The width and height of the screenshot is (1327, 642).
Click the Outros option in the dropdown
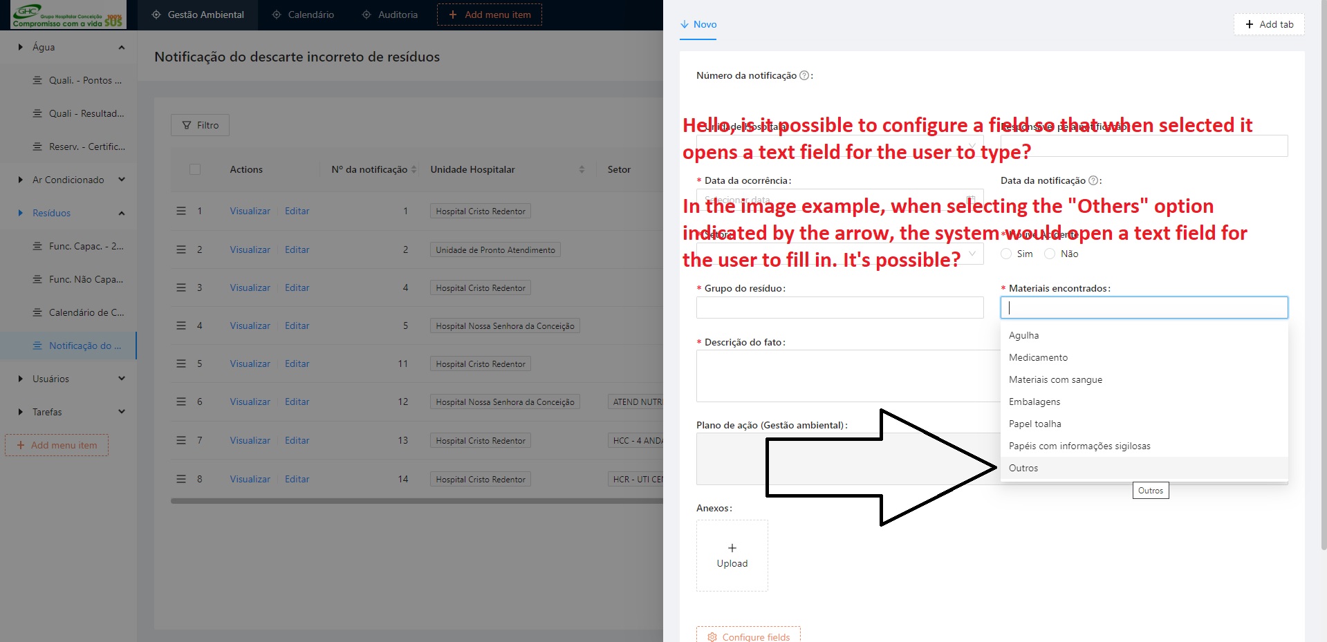(1023, 468)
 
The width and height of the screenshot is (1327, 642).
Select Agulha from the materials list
(1023, 335)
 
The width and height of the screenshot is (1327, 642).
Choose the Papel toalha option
(1034, 424)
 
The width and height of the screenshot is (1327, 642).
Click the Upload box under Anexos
(732, 556)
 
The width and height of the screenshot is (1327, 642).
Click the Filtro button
(200, 125)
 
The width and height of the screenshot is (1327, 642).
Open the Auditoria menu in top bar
(391, 15)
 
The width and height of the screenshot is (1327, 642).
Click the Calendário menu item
(304, 15)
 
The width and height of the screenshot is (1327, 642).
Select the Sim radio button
(1006, 254)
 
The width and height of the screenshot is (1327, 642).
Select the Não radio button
(1050, 254)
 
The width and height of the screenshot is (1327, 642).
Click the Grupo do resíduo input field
(839, 308)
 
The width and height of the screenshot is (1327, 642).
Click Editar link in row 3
(297, 287)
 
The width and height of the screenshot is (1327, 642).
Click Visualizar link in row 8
(250, 479)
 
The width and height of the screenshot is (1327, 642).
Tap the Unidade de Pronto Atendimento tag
(495, 250)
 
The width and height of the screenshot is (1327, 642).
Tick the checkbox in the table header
(195, 169)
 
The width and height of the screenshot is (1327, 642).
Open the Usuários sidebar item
(51, 379)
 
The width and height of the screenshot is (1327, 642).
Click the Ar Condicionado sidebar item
(68, 180)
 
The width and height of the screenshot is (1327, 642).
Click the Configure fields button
(748, 636)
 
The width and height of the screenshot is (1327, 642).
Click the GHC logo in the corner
(68, 15)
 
